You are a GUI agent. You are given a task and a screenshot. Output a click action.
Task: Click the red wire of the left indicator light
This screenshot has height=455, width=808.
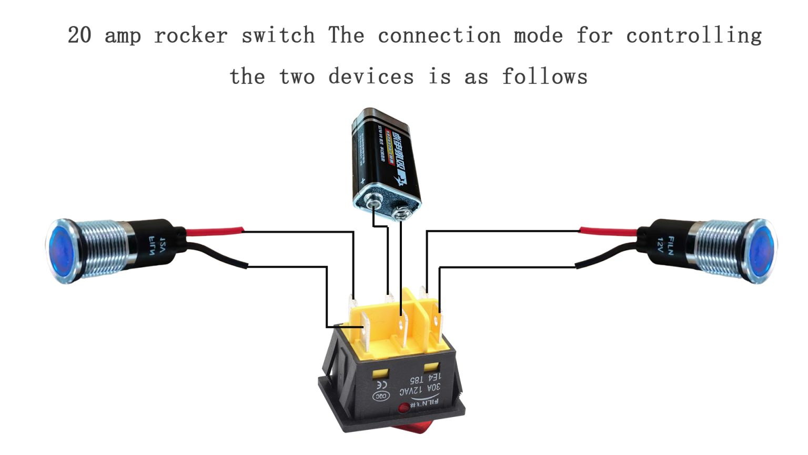pyautogui.click(x=216, y=231)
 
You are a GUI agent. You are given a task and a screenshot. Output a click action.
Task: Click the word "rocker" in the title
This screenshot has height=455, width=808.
pyautogui.click(x=191, y=36)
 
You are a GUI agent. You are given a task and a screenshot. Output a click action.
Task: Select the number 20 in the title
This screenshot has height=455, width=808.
pyautogui.click(x=79, y=36)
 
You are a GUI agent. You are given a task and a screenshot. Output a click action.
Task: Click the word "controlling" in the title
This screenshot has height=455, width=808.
pyautogui.click(x=694, y=36)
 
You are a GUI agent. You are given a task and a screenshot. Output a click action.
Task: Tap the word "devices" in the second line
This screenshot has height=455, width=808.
pyautogui.click(x=371, y=77)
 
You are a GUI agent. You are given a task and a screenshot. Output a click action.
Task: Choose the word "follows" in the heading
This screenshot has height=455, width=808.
pyautogui.click(x=544, y=77)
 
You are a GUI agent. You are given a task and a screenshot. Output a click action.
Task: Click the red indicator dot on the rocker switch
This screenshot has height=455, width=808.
pyautogui.click(x=403, y=408)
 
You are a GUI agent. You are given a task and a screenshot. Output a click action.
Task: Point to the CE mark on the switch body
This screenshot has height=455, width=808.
pyautogui.click(x=380, y=384)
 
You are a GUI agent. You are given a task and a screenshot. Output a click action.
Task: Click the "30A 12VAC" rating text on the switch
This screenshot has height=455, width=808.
pyautogui.click(x=420, y=390)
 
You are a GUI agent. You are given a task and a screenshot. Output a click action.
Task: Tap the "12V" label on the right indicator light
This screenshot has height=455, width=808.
pyautogui.click(x=660, y=245)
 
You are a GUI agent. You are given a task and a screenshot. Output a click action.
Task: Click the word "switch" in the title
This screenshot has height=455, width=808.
pyautogui.click(x=278, y=36)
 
